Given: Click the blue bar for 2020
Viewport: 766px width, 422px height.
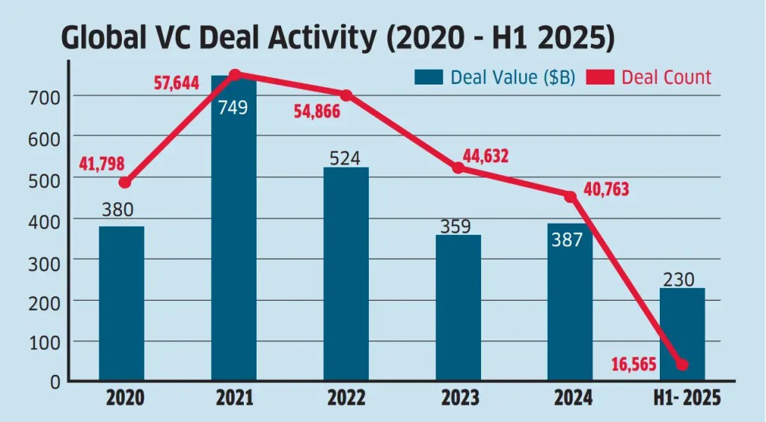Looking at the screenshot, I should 121,303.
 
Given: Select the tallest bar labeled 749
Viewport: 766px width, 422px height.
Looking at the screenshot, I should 233,239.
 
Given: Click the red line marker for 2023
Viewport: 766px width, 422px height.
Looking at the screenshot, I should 458,168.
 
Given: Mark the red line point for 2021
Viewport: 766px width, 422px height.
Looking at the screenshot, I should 234,75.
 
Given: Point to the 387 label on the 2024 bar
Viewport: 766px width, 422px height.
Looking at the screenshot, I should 569,239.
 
